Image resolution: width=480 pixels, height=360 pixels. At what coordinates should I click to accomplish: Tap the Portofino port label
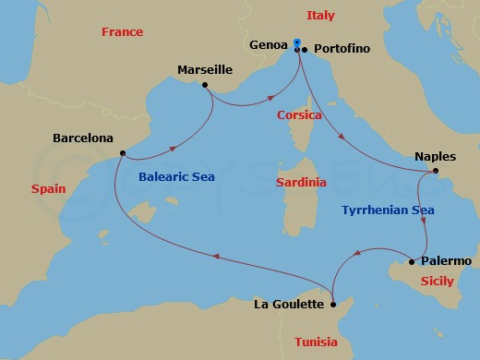(342, 48)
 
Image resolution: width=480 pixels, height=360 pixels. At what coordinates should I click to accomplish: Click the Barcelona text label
(83, 138)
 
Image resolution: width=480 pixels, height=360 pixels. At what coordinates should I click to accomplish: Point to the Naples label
(436, 156)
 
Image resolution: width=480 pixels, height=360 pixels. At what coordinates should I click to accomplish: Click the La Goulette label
(289, 304)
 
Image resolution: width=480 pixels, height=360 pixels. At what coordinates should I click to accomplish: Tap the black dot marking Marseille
(204, 85)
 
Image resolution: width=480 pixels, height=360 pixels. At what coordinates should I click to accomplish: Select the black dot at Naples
(436, 171)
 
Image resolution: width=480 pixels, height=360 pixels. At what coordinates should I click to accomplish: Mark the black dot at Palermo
(412, 262)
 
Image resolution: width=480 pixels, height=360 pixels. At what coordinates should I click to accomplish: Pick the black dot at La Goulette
(333, 301)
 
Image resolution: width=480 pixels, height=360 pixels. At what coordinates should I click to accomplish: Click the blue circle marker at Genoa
(297, 42)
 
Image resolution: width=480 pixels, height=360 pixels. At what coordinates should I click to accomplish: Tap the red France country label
(123, 32)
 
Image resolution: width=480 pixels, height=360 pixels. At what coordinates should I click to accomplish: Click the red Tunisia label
(316, 342)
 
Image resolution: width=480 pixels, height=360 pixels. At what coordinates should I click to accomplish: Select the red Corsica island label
(299, 115)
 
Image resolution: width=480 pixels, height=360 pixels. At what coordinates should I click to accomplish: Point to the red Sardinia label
(301, 183)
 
